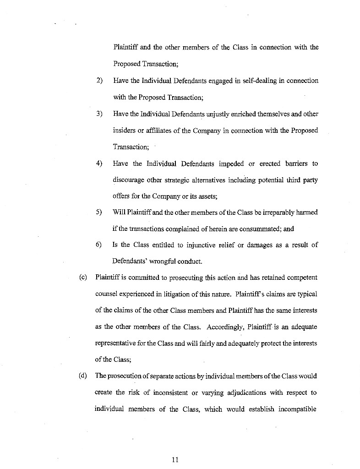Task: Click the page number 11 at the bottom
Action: [175, 460]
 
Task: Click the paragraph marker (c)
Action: [83, 278]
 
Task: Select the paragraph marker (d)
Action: [83, 376]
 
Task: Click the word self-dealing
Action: [259, 81]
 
